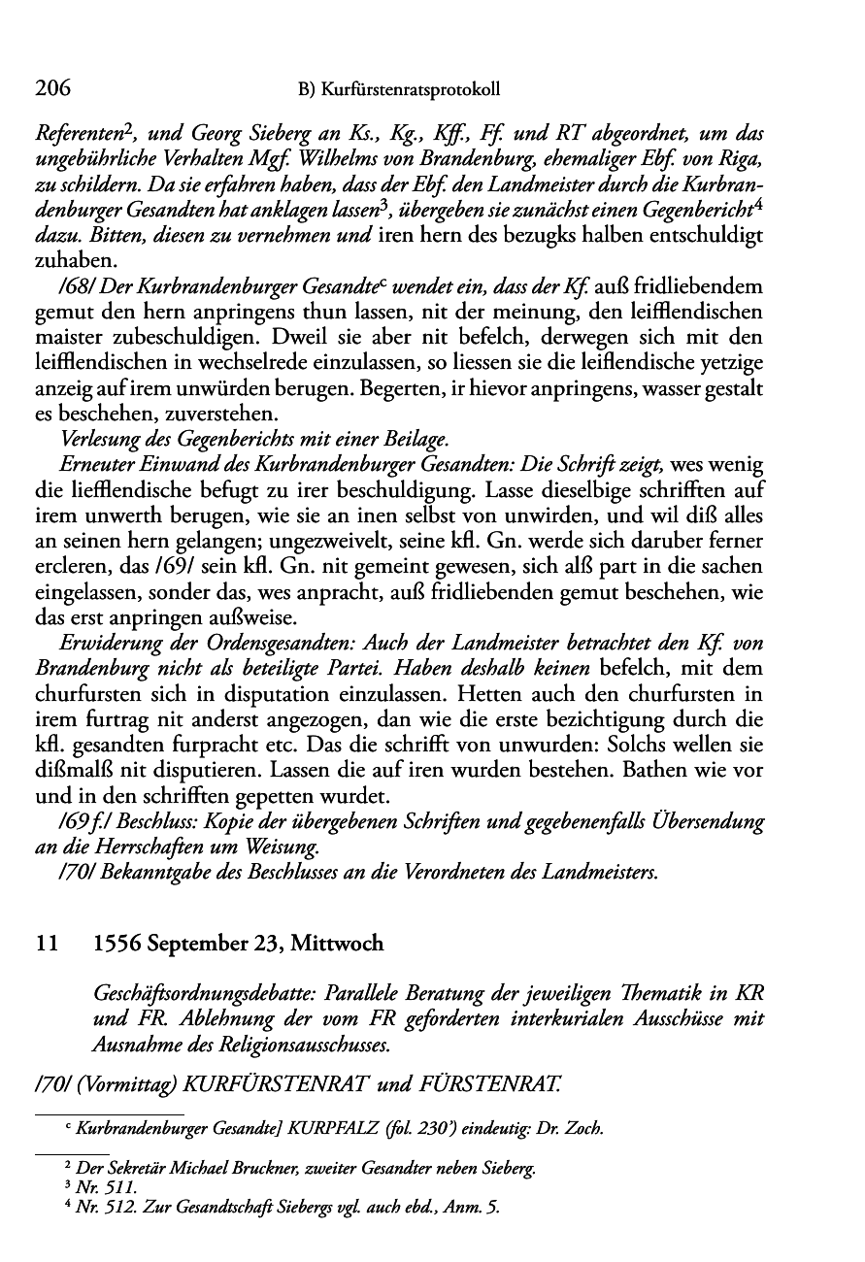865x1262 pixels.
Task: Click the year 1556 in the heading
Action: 119,944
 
